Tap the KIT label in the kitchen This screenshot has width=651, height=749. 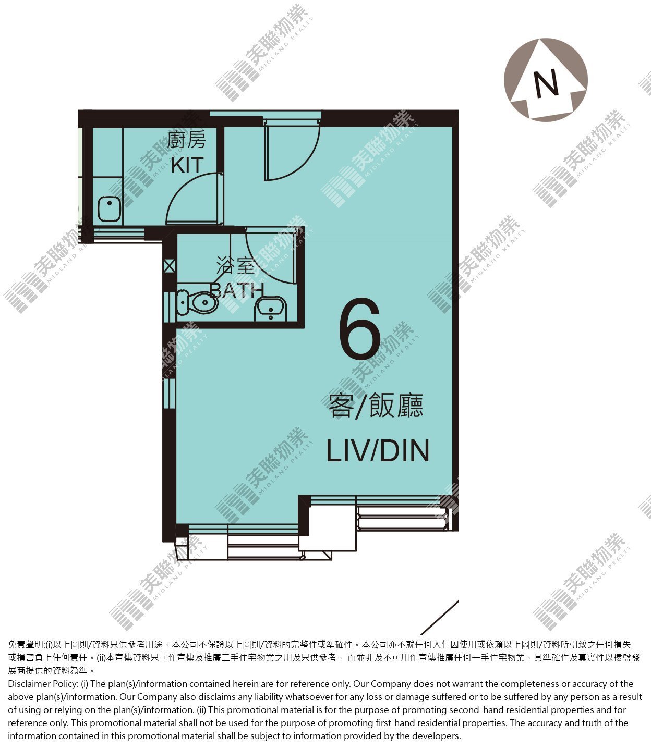click(187, 165)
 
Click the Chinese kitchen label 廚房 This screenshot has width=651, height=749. click(186, 140)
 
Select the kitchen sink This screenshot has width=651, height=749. click(109, 209)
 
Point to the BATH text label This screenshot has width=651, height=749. click(237, 290)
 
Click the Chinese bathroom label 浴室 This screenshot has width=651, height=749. click(236, 265)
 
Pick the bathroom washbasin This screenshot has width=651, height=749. click(271, 309)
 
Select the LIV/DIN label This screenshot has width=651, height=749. click(377, 451)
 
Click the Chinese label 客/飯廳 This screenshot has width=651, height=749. click(376, 405)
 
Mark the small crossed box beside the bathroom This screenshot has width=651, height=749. click(169, 266)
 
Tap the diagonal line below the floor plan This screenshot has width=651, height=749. click(440, 618)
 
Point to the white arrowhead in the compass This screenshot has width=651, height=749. click(546, 79)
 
